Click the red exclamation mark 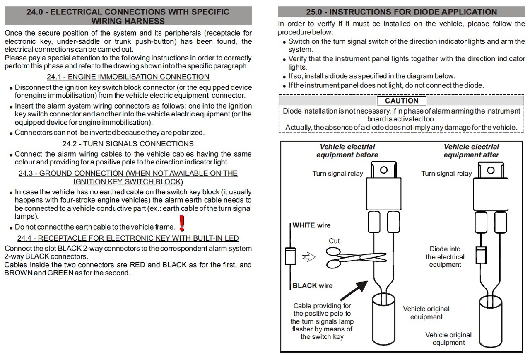181,223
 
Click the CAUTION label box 401,101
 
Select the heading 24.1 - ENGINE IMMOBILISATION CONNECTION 128,77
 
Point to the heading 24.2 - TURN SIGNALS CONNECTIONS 128,144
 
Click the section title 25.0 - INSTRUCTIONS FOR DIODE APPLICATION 401,12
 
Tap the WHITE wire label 311,226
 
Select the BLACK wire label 312,285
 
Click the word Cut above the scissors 334,241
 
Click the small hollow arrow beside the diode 309,257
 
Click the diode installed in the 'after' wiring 480,255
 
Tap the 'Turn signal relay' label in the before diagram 337,174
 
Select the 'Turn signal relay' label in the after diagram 446,174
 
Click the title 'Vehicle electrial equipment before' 347,151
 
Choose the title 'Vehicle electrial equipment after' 471,151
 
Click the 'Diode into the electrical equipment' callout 445,257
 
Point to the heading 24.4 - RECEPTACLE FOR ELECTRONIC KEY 128,238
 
